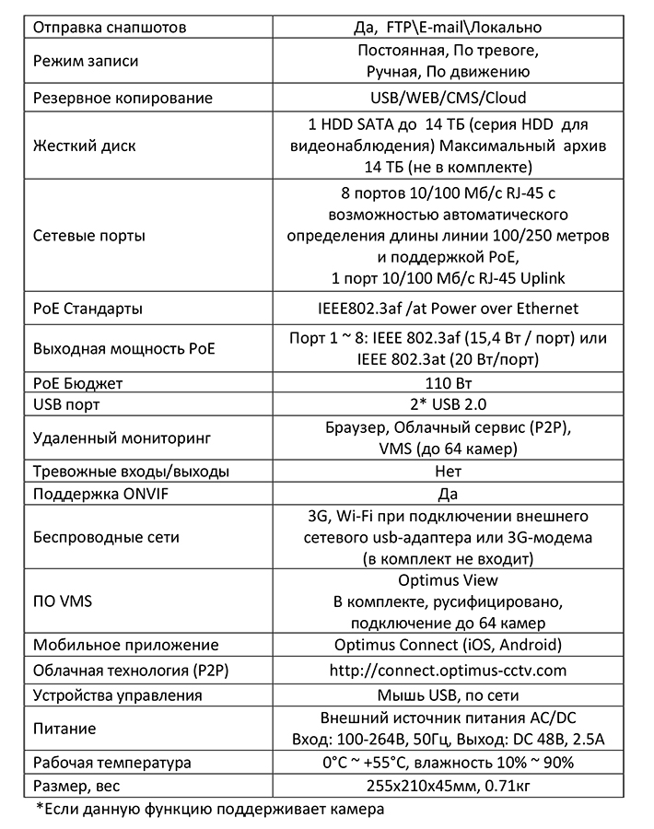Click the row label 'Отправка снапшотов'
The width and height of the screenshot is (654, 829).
(110, 28)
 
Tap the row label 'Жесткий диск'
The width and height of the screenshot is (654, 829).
(84, 146)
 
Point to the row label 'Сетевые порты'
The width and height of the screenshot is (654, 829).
(88, 235)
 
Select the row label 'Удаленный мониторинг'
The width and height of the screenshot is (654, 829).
(117, 438)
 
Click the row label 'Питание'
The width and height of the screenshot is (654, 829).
(64, 729)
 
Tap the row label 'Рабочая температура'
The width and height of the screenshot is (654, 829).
(111, 763)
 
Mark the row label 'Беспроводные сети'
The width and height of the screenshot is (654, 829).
(106, 537)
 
